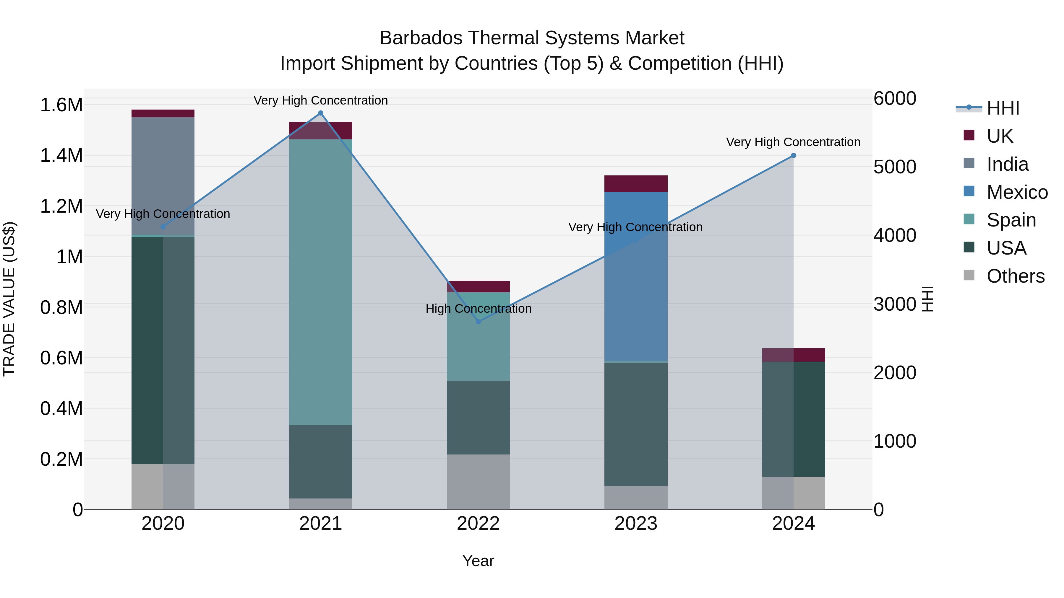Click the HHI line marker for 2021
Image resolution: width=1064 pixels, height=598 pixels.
[x=320, y=113]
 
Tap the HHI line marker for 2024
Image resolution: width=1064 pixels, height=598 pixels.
[x=794, y=156]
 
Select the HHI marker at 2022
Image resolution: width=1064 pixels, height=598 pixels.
[x=478, y=322]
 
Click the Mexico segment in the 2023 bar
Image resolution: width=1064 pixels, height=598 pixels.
[x=636, y=276]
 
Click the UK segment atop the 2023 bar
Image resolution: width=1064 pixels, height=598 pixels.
[x=636, y=184]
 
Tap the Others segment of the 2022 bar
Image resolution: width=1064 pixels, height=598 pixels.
[x=478, y=482]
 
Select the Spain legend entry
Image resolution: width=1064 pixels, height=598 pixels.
[x=1011, y=220]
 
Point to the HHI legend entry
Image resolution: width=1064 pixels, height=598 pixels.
[x=1003, y=108]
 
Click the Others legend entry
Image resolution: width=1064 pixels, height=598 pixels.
[x=1015, y=276]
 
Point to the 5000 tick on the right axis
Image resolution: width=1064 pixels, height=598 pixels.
[x=895, y=167]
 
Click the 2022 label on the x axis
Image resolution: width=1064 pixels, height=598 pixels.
[x=478, y=524]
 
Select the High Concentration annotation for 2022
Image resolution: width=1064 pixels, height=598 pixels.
[x=478, y=309]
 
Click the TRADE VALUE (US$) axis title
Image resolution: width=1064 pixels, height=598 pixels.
[x=9, y=299]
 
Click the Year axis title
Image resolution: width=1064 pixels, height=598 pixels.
[x=478, y=561]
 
